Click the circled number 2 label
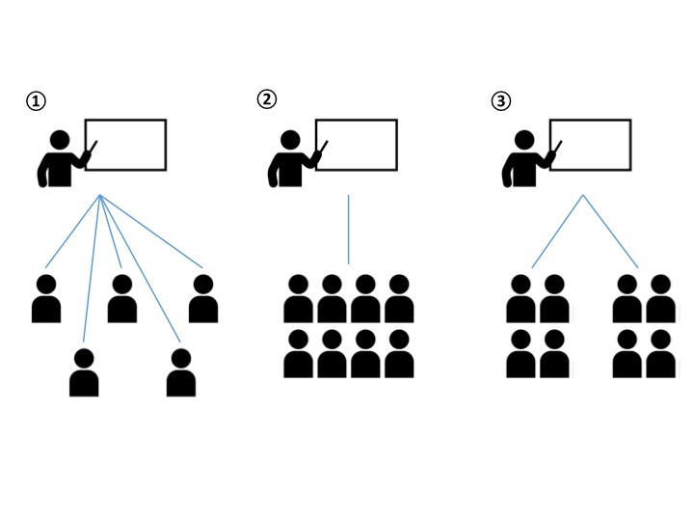[266, 98]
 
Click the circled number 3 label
[500, 99]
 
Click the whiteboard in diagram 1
[126, 145]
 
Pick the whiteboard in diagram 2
[357, 145]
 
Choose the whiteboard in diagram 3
[590, 145]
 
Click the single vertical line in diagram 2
[348, 230]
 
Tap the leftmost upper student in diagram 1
[46, 299]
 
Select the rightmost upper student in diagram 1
[202, 299]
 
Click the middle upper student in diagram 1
[122, 299]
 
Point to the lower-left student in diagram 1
[84, 372]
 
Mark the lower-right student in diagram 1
[181, 372]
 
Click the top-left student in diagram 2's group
[298, 299]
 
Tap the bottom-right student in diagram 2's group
[399, 354]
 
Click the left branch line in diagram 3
[558, 232]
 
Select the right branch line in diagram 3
[610, 232]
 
